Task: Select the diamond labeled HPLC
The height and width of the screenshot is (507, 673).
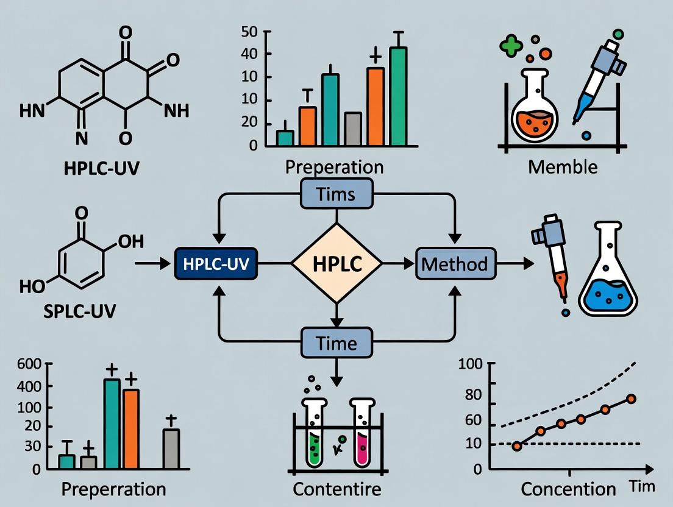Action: tap(336, 263)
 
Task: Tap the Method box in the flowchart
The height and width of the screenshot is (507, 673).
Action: tap(455, 264)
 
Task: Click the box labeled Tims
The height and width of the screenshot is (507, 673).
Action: tap(336, 194)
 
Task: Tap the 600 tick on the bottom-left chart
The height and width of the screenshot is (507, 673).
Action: tap(29, 364)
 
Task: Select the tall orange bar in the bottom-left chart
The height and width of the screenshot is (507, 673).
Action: tap(131, 428)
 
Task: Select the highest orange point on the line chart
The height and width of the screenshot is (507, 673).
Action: tap(631, 399)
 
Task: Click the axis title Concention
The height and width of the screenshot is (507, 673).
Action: tap(569, 489)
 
